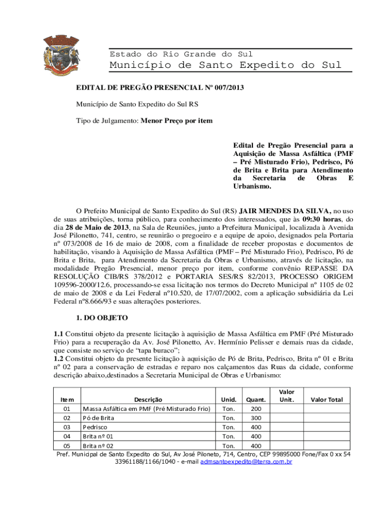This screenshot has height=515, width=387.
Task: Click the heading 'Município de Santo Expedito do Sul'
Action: click(x=226, y=65)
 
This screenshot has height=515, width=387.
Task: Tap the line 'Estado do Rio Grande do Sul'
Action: click(x=181, y=54)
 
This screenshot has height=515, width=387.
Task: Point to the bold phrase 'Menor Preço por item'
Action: click(x=176, y=121)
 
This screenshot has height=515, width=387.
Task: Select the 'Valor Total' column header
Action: click(x=326, y=400)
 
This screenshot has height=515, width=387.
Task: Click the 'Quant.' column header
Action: click(x=255, y=400)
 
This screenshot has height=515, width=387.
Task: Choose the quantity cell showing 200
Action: click(x=255, y=409)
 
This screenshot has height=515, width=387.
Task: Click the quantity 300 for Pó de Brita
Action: click(x=255, y=418)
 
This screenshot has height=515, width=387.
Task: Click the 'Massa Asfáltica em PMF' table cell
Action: click(x=146, y=409)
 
